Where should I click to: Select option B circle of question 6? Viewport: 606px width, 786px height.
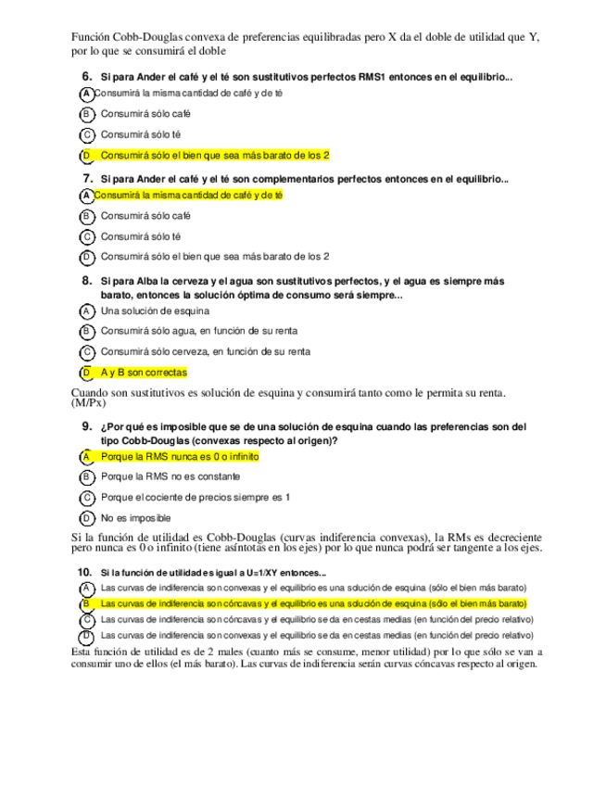click(86, 114)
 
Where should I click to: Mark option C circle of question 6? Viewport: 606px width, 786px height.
click(86, 134)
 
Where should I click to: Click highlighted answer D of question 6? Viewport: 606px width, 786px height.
click(214, 155)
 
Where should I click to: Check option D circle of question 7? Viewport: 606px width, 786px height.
click(86, 257)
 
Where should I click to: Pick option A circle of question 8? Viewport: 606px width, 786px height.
click(86, 311)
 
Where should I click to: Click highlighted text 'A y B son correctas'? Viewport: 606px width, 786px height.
click(144, 373)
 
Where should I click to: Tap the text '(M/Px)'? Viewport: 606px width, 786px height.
click(89, 403)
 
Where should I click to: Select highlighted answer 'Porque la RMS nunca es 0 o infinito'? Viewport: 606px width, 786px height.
click(180, 457)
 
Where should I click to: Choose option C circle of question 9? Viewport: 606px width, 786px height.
click(86, 498)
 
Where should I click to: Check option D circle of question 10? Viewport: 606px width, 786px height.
click(86, 636)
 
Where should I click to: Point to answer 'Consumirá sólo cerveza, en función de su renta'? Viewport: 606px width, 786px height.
click(205, 352)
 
